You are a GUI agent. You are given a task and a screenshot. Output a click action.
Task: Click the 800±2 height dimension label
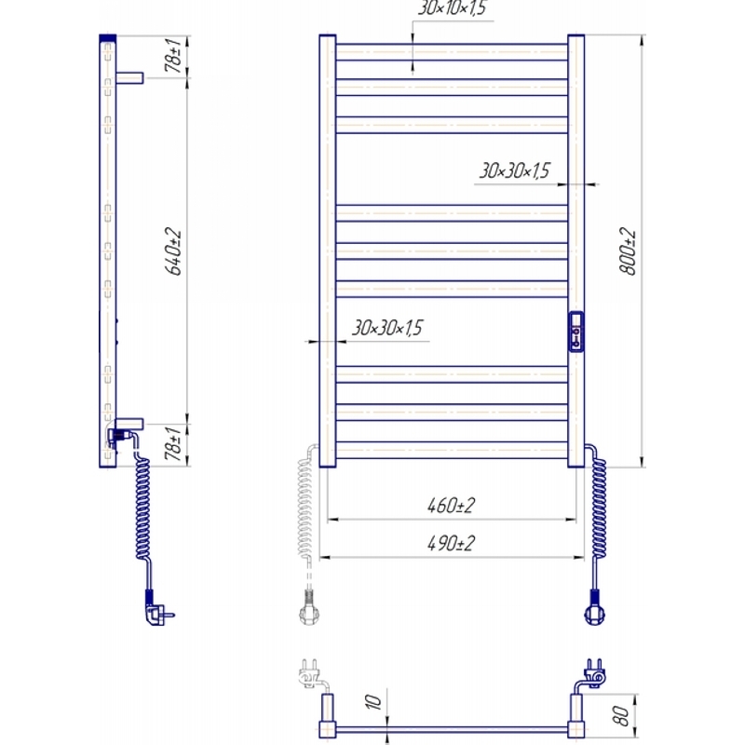pos(628,251)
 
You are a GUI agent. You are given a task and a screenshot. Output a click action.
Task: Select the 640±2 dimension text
pos(173,251)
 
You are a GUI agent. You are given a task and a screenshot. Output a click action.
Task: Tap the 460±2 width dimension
pos(451,505)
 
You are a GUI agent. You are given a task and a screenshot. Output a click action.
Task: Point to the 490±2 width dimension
pos(451,543)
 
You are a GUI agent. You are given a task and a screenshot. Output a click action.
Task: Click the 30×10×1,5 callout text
pos(452,8)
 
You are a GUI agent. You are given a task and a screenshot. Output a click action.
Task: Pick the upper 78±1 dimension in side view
pos(173,56)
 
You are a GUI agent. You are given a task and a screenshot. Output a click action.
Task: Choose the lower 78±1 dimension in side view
pos(173,444)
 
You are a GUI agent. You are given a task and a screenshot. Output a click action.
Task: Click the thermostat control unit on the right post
pos(576,332)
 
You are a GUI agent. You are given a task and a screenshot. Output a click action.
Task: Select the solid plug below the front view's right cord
pos(594,609)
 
